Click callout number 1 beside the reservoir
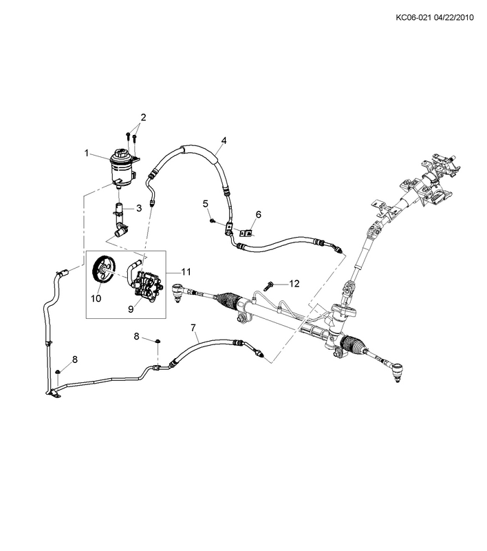87,152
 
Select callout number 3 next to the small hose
138,207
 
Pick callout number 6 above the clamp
258,214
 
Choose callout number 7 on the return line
194,327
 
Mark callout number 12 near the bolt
294,283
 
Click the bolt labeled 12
270,283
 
